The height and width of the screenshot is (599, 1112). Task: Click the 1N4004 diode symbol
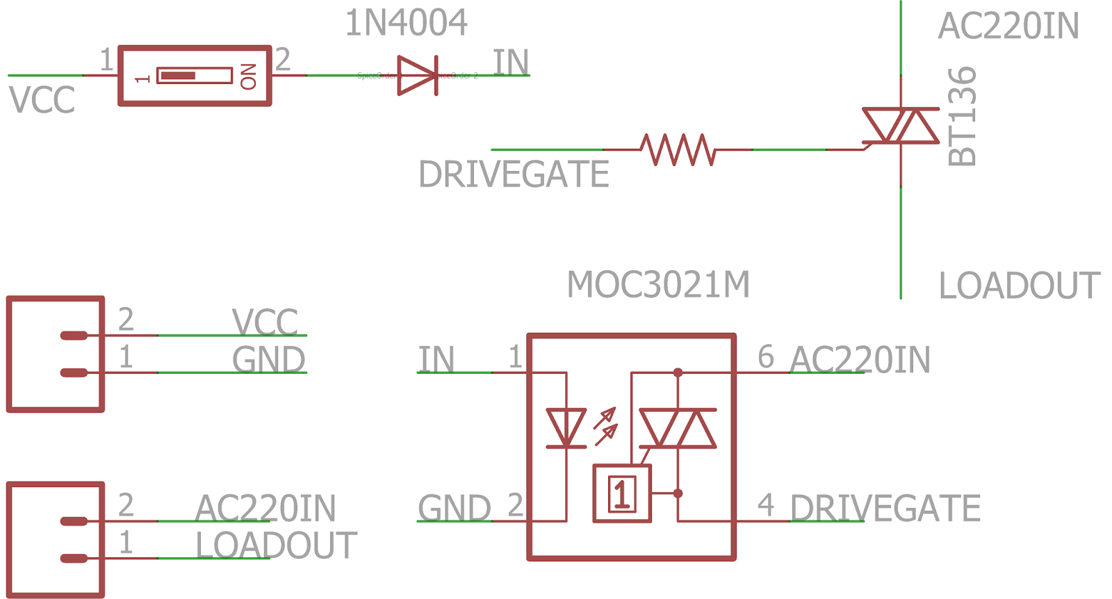(x=417, y=75)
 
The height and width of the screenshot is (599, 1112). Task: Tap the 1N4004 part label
(x=406, y=23)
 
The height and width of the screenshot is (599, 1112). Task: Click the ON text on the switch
(x=248, y=76)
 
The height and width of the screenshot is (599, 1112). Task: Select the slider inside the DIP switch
(x=179, y=76)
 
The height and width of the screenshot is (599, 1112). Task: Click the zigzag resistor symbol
(x=677, y=149)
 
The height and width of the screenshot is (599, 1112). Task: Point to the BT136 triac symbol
(x=901, y=126)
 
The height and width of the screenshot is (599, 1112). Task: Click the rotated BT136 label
(x=963, y=117)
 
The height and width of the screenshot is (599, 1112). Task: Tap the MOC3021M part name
(x=658, y=285)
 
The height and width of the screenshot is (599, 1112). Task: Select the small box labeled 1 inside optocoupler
(x=622, y=494)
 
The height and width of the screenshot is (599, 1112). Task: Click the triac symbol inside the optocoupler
(x=678, y=428)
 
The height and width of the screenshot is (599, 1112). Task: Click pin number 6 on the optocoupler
(x=765, y=357)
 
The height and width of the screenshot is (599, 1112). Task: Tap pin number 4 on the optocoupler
(x=765, y=505)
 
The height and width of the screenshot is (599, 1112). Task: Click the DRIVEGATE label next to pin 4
(x=885, y=509)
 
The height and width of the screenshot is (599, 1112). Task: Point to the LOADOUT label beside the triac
(x=1019, y=286)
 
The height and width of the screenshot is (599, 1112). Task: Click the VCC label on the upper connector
(x=265, y=322)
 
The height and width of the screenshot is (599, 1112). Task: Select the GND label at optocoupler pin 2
(x=454, y=509)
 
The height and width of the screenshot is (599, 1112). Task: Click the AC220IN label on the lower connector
(x=265, y=509)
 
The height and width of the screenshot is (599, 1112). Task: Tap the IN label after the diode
(x=511, y=63)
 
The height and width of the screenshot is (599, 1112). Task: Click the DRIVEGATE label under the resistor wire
(x=514, y=174)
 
